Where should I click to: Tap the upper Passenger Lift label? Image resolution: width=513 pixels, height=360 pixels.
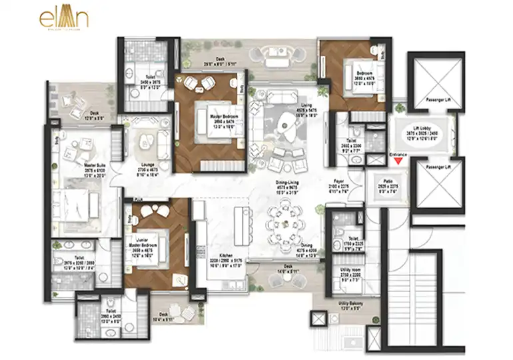coord(432,102)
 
